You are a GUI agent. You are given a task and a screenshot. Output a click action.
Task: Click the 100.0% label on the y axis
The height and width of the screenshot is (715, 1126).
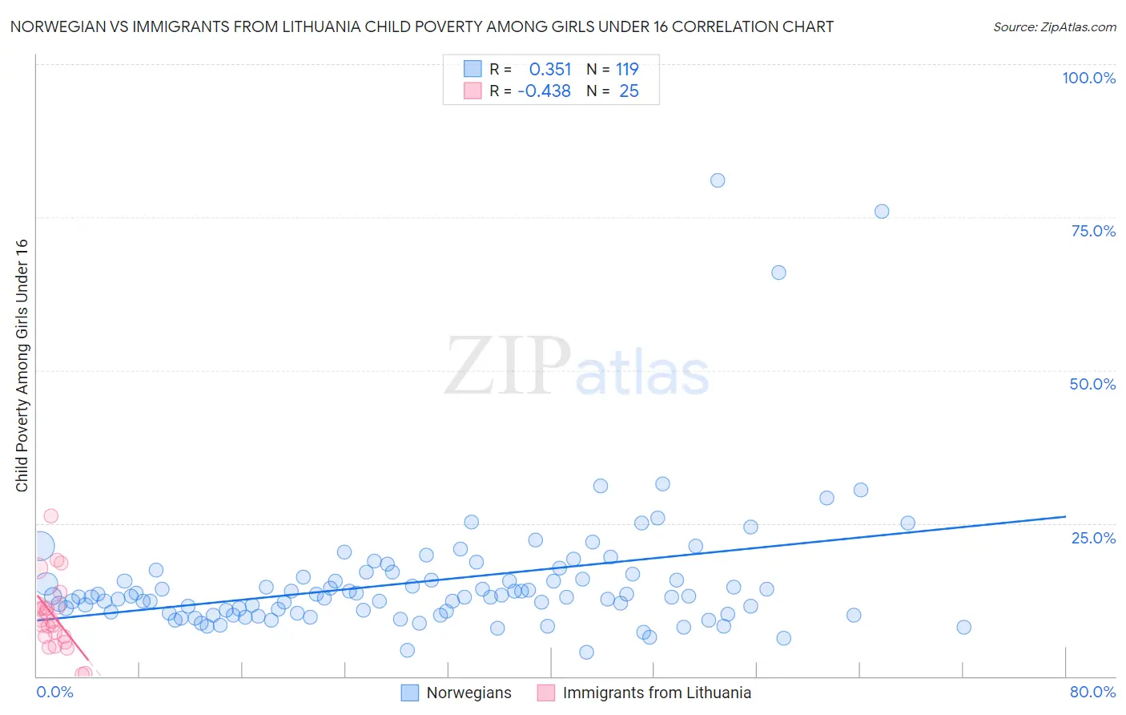point(1088,78)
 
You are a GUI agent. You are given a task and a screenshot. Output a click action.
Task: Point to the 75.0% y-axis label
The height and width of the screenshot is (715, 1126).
point(1093,231)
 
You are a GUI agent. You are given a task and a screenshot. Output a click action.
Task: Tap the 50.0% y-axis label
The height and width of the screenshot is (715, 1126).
point(1092,384)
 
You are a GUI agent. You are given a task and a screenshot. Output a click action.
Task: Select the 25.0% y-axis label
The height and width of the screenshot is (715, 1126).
point(1093,537)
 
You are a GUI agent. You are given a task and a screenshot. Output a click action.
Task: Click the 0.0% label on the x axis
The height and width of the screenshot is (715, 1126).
point(54,692)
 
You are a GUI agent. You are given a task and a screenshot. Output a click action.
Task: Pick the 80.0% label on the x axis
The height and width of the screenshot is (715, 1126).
point(1092,692)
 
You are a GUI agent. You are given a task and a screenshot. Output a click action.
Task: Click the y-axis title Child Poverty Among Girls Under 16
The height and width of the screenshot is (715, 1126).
point(22,366)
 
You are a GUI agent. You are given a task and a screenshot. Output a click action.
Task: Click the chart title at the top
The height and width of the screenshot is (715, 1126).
point(421,26)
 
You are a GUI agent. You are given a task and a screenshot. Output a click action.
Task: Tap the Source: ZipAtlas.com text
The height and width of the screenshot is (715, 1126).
point(1054,26)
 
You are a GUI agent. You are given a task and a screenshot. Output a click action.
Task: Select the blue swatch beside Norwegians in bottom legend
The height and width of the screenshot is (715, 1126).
point(410,693)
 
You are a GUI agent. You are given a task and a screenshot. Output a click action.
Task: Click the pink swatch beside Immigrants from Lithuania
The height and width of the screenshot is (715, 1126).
point(546,693)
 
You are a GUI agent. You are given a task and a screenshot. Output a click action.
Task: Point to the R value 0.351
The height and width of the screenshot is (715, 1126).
point(550,70)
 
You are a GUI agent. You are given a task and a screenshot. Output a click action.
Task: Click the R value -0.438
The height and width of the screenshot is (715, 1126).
point(545,91)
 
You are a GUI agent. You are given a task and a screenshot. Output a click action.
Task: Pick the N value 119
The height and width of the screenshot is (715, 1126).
point(627,70)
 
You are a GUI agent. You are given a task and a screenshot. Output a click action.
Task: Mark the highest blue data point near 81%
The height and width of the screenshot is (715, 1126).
point(718,180)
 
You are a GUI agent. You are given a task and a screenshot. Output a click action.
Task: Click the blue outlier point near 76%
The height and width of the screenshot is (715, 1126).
point(882,212)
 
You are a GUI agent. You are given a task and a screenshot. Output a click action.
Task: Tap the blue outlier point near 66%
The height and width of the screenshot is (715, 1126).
point(778,273)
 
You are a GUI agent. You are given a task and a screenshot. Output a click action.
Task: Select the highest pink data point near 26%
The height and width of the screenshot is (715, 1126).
point(50,516)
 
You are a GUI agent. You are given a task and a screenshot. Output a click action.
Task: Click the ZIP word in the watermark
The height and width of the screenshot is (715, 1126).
point(507,366)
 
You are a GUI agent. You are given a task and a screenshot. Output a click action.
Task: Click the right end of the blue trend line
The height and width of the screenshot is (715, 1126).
point(1065,517)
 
